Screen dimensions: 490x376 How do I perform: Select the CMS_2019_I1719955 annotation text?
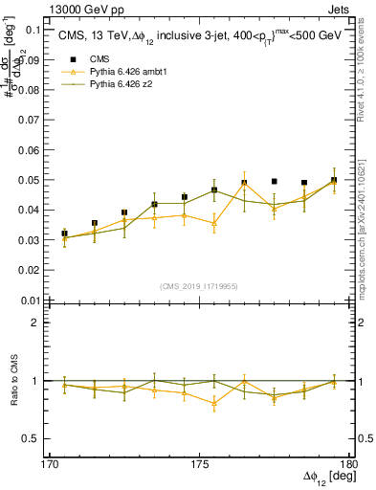[199, 285]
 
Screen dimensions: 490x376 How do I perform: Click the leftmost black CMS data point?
[65, 234]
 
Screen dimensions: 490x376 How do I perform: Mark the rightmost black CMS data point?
[334, 180]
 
